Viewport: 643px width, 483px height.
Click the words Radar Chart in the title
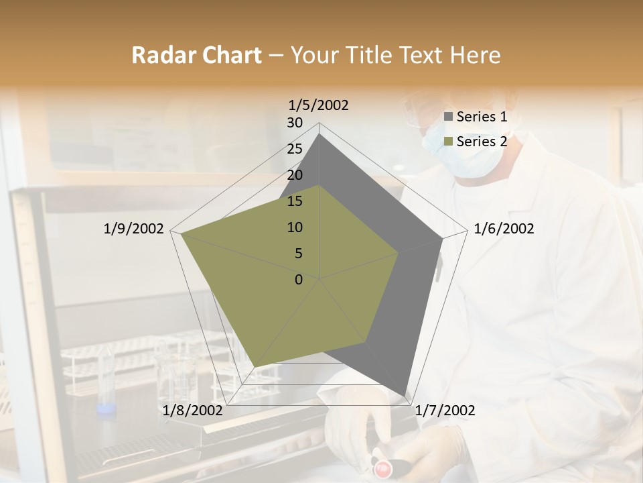196,56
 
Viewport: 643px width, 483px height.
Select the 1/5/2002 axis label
319,105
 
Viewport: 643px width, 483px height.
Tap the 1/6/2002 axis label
504,229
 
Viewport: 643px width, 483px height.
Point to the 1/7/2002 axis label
445,411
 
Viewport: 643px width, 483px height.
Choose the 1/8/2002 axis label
192,411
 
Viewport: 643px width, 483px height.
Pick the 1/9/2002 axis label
134,229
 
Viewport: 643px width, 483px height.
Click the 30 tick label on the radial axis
295,123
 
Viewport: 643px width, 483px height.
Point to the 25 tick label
295,149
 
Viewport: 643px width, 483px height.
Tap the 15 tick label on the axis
295,201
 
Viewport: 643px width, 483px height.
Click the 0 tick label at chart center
299,280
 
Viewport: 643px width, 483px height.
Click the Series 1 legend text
482,117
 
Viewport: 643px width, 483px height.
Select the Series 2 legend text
482,142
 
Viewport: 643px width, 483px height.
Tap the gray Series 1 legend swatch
448,117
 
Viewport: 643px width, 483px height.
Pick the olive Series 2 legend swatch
448,142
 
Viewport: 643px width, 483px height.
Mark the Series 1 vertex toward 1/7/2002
405,395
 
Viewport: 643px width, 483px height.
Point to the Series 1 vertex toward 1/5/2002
319,134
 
